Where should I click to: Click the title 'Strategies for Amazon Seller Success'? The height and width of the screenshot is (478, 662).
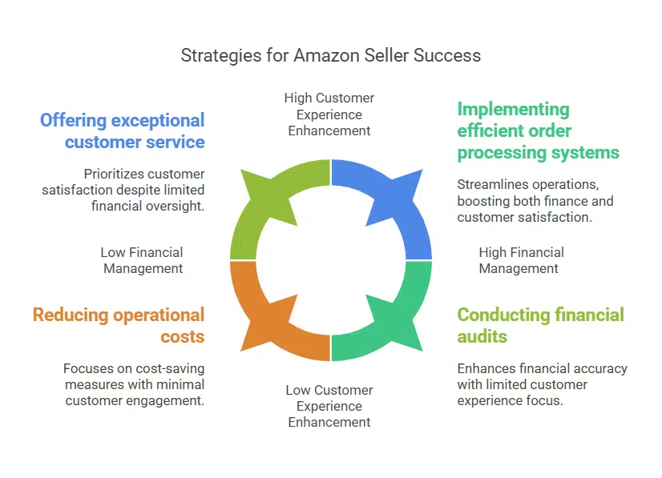point(330,55)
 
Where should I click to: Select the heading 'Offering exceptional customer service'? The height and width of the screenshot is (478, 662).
point(123,131)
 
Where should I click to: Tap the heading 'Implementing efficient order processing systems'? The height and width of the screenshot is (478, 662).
point(538,131)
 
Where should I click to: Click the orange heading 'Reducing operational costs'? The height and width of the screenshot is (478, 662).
point(119,325)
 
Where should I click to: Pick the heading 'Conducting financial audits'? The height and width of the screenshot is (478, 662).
point(540,325)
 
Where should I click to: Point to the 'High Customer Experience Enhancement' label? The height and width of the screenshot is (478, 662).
point(329,114)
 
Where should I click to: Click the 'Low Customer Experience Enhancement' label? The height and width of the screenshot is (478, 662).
point(329,406)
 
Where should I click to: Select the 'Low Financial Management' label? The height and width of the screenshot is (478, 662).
point(142,260)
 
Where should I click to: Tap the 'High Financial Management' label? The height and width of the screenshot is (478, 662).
point(521,260)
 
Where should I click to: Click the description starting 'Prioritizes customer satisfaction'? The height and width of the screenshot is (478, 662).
point(123,190)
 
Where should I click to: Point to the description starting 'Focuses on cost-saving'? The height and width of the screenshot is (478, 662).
point(133,384)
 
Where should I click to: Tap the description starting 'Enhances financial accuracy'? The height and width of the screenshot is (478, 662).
point(542,384)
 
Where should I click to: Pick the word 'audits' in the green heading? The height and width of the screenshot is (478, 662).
point(482,335)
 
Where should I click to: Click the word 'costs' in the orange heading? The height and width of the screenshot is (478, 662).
point(184,335)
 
